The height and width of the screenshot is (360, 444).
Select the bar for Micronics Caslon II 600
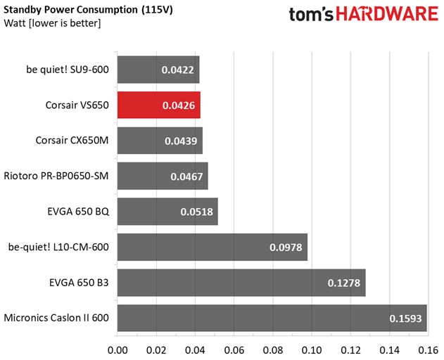[x=272, y=318]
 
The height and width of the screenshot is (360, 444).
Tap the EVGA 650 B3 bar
[x=241, y=283]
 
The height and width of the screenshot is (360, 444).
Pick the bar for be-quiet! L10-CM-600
[x=212, y=247]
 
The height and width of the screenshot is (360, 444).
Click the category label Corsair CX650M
[x=72, y=141]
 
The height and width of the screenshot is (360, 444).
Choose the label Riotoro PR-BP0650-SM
[x=56, y=176]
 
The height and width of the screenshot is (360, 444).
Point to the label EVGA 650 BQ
[x=78, y=212]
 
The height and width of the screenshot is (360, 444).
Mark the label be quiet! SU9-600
[x=67, y=70]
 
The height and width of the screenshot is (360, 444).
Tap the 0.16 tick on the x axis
[x=428, y=348]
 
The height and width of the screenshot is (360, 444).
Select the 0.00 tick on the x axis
[x=117, y=348]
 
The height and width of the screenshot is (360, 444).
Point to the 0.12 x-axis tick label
[x=350, y=348]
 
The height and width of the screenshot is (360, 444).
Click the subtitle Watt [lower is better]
[x=53, y=24]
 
